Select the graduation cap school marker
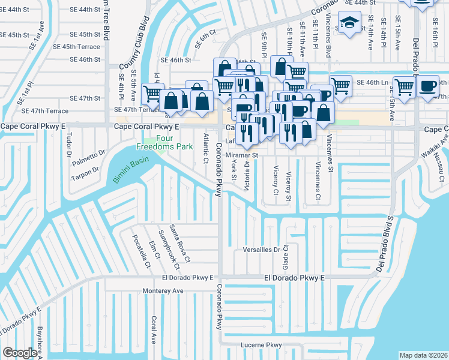(x=348, y=24)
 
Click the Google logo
(x=20, y=353)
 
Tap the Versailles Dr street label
(x=262, y=249)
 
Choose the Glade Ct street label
(x=286, y=256)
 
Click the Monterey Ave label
(x=163, y=290)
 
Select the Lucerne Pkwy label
(x=261, y=345)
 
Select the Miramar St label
(x=241, y=155)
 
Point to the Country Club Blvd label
(x=134, y=43)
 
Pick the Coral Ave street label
(x=154, y=330)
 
